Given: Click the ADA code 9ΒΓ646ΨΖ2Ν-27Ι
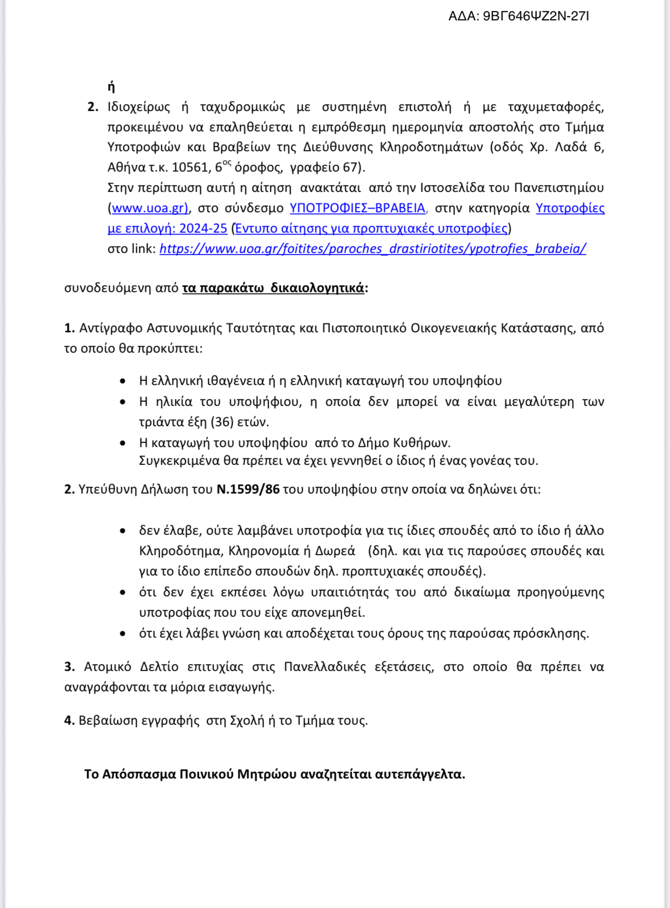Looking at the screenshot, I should coord(536,16).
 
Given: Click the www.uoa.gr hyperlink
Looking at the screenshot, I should coord(149,208).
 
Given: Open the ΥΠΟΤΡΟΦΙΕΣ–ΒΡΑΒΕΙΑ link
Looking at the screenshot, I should coord(357,208).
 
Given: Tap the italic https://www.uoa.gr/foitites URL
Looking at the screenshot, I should coord(373,249).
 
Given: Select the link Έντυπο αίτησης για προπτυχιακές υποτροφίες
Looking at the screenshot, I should coord(371,229).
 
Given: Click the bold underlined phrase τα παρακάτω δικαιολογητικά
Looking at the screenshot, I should coord(273,288).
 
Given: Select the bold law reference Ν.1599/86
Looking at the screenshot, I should coord(248,489).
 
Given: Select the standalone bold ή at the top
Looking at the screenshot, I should coord(111,87).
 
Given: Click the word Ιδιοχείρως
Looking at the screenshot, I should coord(139,107).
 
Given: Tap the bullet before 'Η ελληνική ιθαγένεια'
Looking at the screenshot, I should coord(123,381).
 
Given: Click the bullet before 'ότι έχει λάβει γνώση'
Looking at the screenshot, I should coord(123,634).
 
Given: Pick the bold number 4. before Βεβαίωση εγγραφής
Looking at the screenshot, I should coord(69,721).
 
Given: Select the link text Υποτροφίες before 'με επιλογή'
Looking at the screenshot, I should coord(570,208).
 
